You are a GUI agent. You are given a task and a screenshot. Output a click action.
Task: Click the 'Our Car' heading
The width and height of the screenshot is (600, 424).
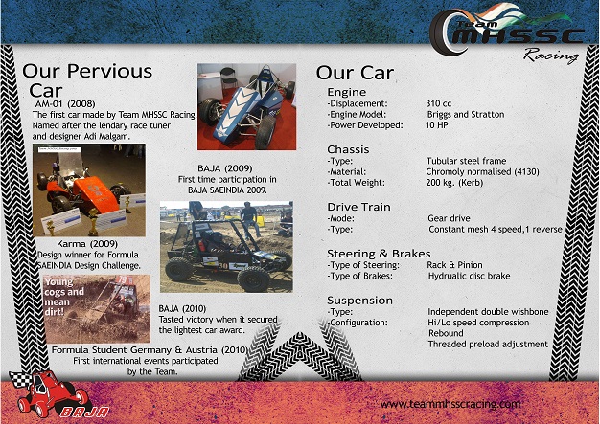[355, 73]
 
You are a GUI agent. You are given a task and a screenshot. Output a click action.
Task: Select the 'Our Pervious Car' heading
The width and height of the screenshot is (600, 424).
[86, 79]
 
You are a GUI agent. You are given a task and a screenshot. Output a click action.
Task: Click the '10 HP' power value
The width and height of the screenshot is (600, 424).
[438, 124]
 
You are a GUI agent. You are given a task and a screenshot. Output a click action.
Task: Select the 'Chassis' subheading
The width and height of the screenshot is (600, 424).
[349, 149]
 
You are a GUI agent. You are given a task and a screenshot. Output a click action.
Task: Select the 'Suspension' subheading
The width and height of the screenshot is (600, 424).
[359, 300]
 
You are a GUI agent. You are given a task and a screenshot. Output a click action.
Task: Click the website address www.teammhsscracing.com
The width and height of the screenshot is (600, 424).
[451, 405]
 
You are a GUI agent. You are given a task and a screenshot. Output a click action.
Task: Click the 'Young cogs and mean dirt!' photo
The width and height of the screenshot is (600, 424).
[97, 307]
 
